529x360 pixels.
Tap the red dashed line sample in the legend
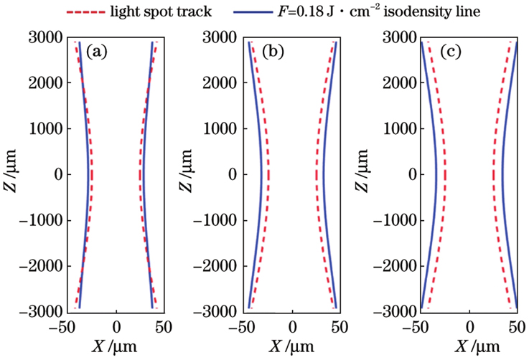pyautogui.click(x=90, y=12)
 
